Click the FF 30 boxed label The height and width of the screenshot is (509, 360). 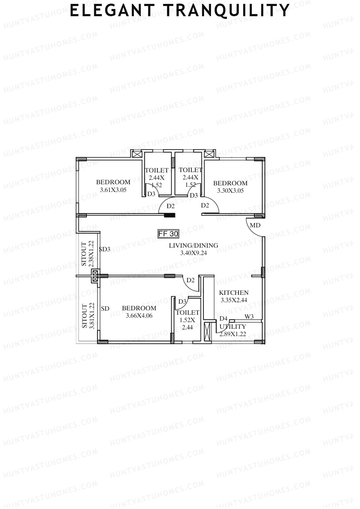point(168,234)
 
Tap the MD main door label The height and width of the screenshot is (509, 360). point(255,225)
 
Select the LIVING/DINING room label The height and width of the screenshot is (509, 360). point(193,245)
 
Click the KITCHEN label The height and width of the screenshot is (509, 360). point(234,292)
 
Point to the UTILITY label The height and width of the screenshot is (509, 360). point(233,327)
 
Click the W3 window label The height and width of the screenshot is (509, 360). point(249,317)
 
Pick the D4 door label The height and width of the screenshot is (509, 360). point(223,319)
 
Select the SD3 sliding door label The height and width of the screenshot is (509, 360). point(105,249)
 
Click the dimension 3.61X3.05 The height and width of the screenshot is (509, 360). point(113,190)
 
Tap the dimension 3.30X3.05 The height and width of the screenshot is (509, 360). point(230,190)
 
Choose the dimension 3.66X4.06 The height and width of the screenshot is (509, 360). point(139,316)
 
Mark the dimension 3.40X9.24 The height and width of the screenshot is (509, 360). point(193,253)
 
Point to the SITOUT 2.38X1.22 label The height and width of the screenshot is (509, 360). point(88,254)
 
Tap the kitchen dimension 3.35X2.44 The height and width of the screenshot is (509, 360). point(234,300)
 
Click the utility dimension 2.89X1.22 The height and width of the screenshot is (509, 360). point(233,334)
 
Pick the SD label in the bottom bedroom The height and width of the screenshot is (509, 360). point(105,308)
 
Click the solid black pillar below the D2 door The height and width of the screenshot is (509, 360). point(170,215)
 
